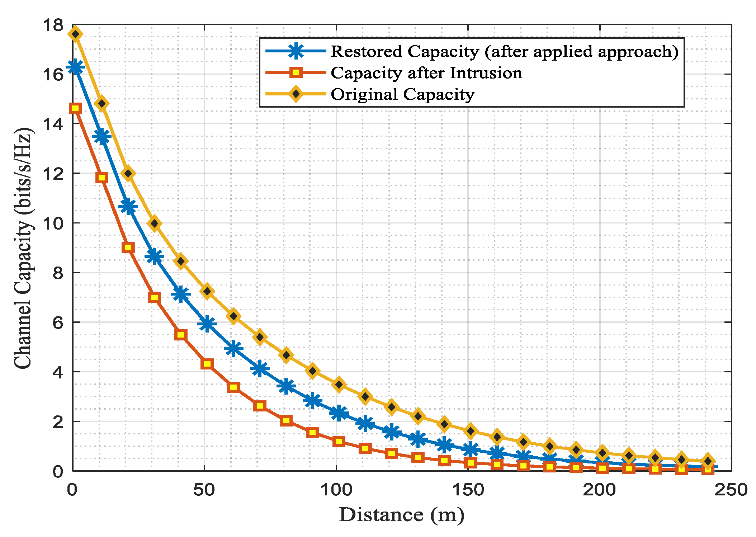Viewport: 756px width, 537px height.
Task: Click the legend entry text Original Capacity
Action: (402, 94)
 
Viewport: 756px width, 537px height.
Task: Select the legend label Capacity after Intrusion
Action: (426, 73)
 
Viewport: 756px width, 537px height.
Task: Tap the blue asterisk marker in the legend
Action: (296, 51)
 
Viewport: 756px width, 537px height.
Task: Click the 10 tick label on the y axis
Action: (53, 223)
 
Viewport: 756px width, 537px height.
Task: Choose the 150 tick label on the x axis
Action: (468, 490)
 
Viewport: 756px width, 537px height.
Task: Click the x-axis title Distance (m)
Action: (401, 515)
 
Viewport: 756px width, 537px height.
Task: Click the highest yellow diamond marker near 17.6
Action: (75, 34)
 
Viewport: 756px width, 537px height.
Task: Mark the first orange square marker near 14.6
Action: (75, 108)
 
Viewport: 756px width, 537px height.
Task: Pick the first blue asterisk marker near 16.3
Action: (75, 67)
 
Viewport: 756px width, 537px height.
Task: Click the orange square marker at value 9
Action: (128, 248)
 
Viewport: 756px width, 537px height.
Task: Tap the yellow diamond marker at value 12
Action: (128, 173)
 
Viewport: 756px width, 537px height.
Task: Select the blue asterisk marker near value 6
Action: (207, 324)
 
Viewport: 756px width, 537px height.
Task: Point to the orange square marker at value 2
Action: (286, 421)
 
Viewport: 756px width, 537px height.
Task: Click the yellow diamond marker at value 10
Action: (154, 223)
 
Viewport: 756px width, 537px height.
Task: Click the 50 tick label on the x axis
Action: (204, 490)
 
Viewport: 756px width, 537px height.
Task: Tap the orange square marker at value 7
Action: (154, 297)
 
